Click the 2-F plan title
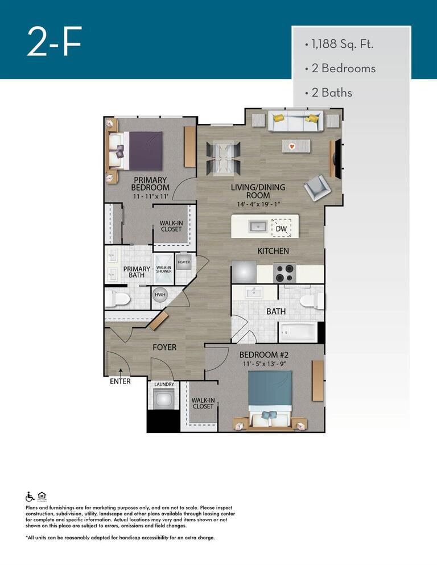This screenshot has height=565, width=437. pyautogui.click(x=55, y=42)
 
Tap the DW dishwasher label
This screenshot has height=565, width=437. pyautogui.click(x=281, y=229)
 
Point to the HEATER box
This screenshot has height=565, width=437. pyautogui.click(x=183, y=262)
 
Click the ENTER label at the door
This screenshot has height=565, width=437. pyautogui.click(x=120, y=381)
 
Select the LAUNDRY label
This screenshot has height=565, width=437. pyautogui.click(x=164, y=384)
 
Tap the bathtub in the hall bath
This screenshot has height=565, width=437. pyautogui.click(x=298, y=331)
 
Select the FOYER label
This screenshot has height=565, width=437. pyautogui.click(x=164, y=347)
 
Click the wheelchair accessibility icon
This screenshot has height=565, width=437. pyautogui.click(x=30, y=496)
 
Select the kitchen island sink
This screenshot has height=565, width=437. pyautogui.click(x=258, y=226)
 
